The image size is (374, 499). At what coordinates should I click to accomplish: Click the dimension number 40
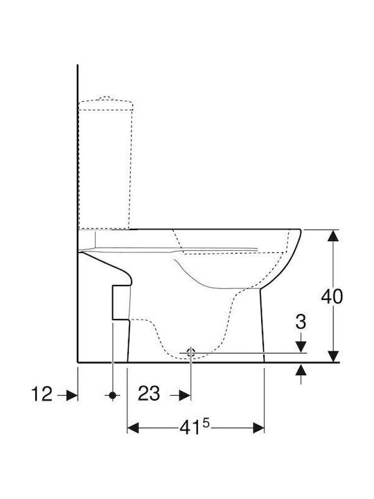(332, 297)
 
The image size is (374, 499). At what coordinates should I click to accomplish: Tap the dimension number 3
(301, 322)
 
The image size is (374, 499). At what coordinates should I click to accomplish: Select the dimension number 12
(42, 394)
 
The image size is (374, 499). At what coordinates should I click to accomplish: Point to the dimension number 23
(149, 394)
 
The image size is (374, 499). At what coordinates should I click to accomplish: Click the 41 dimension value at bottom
(190, 428)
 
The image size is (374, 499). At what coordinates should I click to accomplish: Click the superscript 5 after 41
(206, 423)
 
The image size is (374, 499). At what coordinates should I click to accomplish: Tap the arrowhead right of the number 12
(72, 396)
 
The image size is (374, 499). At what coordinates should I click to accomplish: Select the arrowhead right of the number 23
(185, 396)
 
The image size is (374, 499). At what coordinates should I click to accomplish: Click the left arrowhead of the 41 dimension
(133, 428)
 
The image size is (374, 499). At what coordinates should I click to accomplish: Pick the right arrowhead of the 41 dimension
(258, 428)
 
